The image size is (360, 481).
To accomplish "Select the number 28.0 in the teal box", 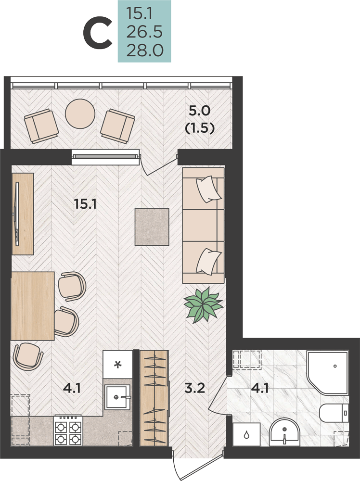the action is click(x=144, y=51).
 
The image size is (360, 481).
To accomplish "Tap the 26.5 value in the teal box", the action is click(x=144, y=32).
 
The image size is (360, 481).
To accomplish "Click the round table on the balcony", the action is click(x=80, y=114).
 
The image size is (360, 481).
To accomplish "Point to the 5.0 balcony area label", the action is click(x=199, y=111).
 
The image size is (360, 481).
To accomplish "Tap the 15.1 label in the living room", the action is click(x=85, y=204).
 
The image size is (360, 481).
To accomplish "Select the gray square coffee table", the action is click(x=152, y=227).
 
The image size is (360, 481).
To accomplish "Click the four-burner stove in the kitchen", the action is click(x=68, y=430).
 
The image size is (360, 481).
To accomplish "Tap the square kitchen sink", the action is click(x=117, y=397).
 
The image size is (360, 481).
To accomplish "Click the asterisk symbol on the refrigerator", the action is click(x=117, y=365).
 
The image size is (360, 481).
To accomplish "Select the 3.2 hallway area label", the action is click(x=194, y=388).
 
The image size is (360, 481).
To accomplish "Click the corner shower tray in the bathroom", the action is click(x=327, y=373).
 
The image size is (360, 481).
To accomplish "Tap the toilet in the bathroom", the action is click(x=334, y=413).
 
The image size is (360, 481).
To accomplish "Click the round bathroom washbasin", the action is click(x=284, y=432).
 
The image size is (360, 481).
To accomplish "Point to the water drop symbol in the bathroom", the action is click(x=246, y=435).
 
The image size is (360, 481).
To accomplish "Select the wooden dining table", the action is click(x=33, y=306).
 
